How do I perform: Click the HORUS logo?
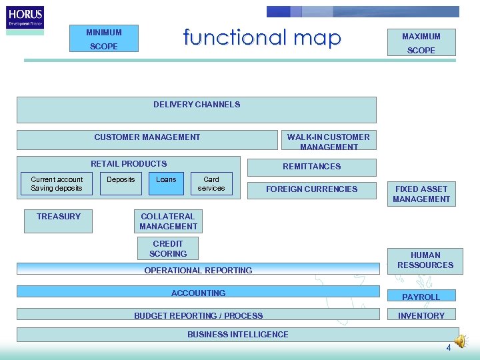coord(25,17)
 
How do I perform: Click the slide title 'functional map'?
coord(262,37)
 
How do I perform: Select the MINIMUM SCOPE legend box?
coord(104,39)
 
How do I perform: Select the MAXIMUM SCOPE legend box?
coord(421,43)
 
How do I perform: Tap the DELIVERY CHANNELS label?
coord(197,105)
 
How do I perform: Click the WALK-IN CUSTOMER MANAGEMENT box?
coord(329,141)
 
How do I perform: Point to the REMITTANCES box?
coord(311,167)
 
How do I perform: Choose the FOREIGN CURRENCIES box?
coord(311,189)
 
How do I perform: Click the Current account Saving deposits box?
coord(57,184)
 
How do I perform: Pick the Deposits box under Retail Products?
coord(121,184)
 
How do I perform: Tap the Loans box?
coord(166,184)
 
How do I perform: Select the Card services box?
coord(211,184)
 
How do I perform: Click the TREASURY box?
coord(59,221)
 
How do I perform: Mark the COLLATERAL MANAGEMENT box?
coord(168,221)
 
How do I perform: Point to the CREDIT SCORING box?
coord(168,249)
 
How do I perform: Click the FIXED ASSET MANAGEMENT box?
coord(421,194)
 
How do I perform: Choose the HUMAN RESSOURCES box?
coord(425,260)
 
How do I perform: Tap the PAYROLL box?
coord(421,297)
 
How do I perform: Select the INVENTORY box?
coord(421,315)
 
